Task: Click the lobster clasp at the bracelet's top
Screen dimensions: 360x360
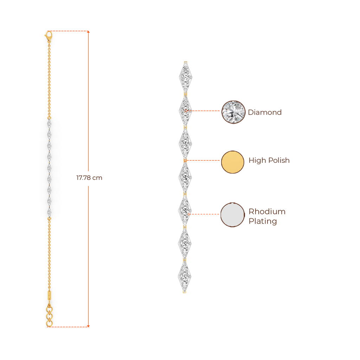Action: pyautogui.click(x=49, y=34)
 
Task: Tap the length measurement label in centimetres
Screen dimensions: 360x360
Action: pyautogui.click(x=89, y=178)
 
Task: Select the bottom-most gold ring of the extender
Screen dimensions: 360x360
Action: pyautogui.click(x=50, y=323)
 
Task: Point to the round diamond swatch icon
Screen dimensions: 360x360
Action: pyautogui.click(x=233, y=112)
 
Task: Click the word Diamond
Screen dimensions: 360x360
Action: pyautogui.click(x=265, y=112)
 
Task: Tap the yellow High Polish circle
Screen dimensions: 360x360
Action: pyautogui.click(x=233, y=162)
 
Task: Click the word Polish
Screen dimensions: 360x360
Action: pyautogui.click(x=279, y=161)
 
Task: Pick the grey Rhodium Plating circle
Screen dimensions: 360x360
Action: pyautogui.click(x=233, y=214)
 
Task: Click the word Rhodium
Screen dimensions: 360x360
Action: pyautogui.click(x=267, y=212)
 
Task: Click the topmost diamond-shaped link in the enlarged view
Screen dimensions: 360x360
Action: pyautogui.click(x=185, y=76)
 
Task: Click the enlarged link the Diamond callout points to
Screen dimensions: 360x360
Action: pyautogui.click(x=185, y=110)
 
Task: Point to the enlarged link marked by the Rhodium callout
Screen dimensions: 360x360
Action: pyautogui.click(x=185, y=211)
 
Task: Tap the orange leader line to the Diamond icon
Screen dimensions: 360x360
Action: pyautogui.click(x=204, y=111)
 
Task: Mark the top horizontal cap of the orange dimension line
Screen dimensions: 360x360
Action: pyautogui.click(x=70, y=31)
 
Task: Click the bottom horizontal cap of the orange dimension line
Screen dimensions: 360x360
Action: pyautogui.click(x=70, y=327)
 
